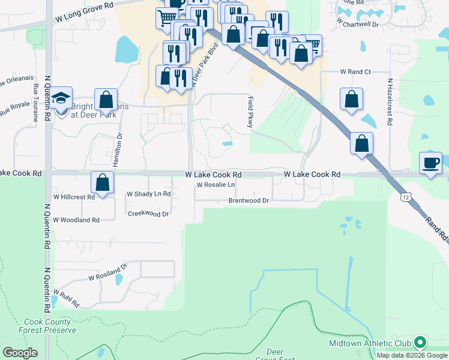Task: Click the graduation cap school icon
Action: coord(61,98)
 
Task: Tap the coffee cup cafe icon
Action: coord(430,163)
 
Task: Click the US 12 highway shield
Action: coord(406,197)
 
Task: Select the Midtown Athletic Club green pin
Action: coord(420,343)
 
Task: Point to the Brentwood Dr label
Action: coord(248,201)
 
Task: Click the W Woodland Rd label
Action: coord(77,220)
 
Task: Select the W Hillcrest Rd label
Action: coord(74,197)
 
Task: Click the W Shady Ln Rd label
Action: coord(149,194)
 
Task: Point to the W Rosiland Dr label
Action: coord(108,272)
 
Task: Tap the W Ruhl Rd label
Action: coord(65,299)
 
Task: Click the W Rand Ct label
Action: coord(355,72)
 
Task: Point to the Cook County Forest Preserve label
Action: coord(50,326)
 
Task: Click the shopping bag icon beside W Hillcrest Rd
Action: coord(103,182)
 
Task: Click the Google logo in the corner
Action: coord(19,353)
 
